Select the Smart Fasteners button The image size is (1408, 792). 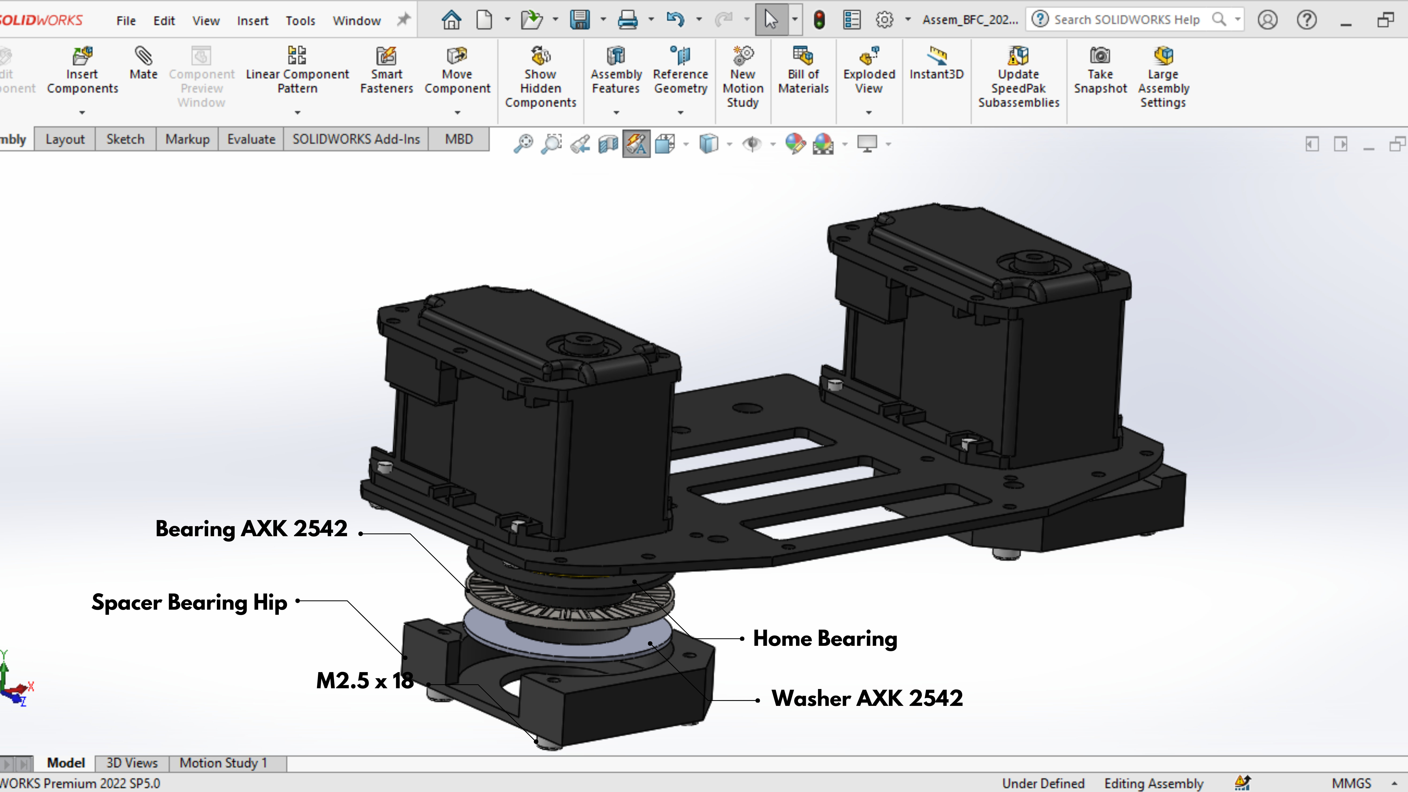[386, 71]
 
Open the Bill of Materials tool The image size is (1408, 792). [803, 71]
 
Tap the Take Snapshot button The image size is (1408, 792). [1100, 71]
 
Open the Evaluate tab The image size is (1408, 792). [251, 139]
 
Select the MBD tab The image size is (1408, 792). [459, 139]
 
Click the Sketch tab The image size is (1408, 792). [125, 139]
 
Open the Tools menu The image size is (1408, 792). [300, 21]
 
